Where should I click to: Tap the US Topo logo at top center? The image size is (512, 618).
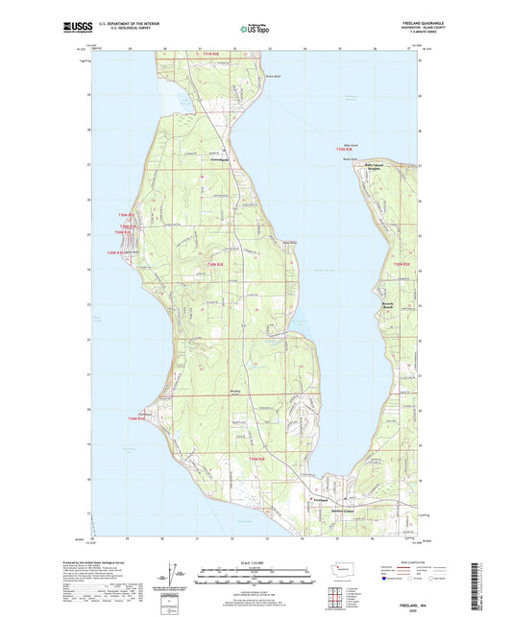256,30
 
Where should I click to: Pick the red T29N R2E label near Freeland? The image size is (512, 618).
255,462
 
